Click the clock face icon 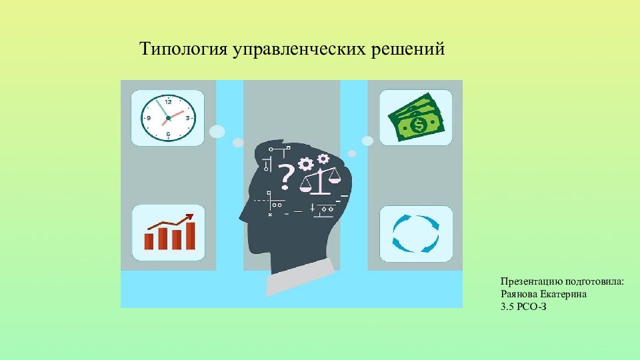pyautogui.click(x=168, y=118)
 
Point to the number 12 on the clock pyautogui.click(x=168, y=102)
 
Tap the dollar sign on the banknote pyautogui.click(x=419, y=125)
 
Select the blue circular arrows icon pyautogui.click(x=415, y=233)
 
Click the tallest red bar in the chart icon pyautogui.click(x=190, y=235)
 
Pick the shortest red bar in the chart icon pyautogui.click(x=149, y=241)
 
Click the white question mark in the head pyautogui.click(x=287, y=175)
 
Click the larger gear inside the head pyautogui.click(x=307, y=163)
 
